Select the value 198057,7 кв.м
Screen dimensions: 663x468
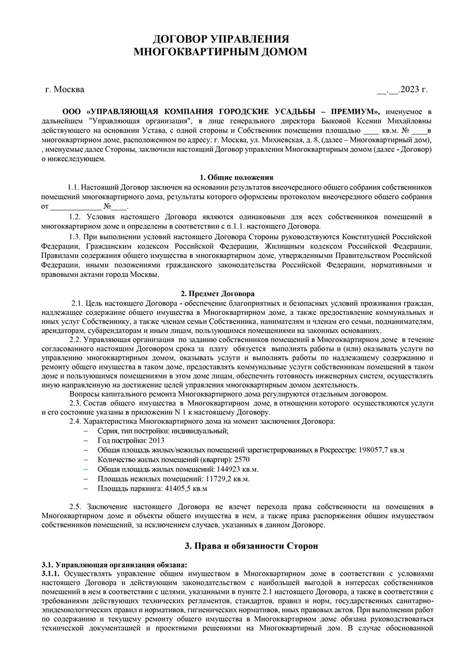pyautogui.click(x=381, y=450)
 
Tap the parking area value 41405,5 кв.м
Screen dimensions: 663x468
pyautogui.click(x=184, y=488)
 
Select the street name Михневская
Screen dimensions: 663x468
pyautogui.click(x=289, y=140)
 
